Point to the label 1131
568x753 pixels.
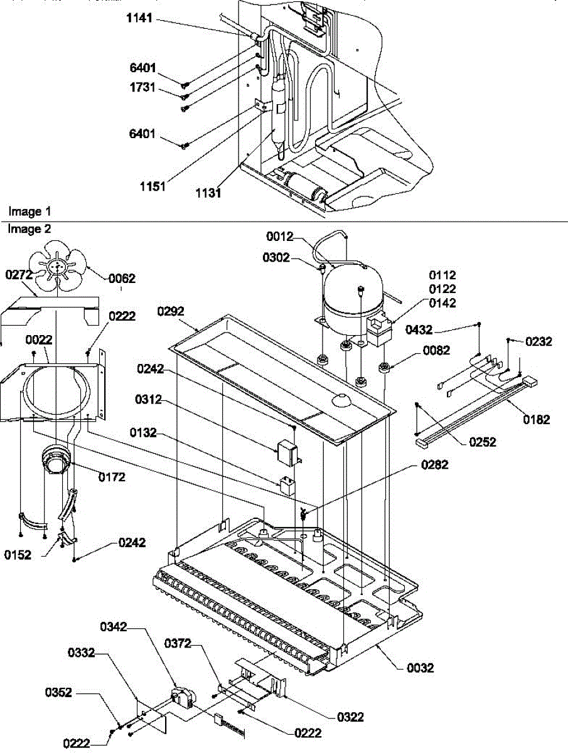pos(208,193)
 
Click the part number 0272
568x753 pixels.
pos(19,274)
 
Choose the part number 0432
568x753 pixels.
pos(419,328)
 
